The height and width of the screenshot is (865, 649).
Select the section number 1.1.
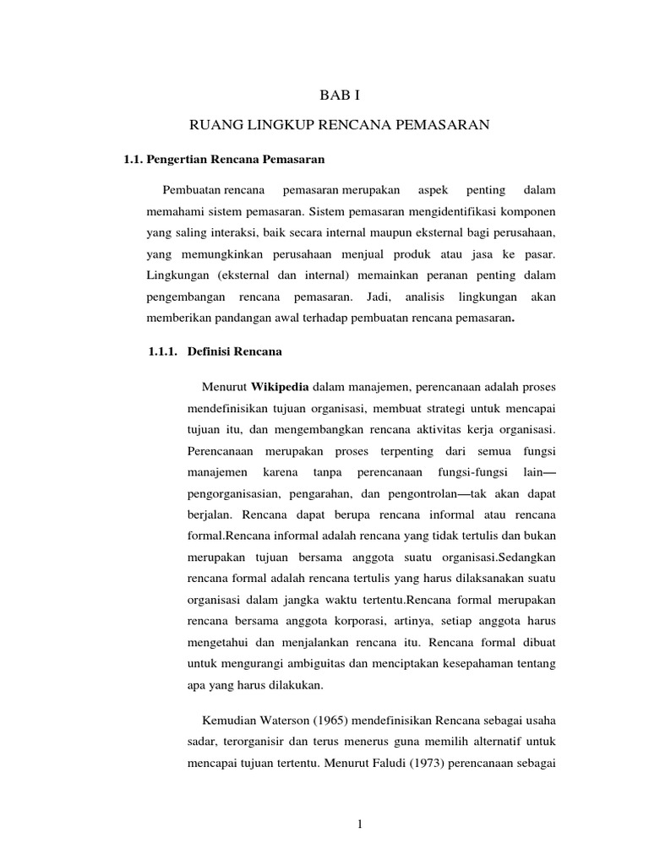coord(135,158)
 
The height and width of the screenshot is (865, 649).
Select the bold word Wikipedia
coord(281,387)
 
